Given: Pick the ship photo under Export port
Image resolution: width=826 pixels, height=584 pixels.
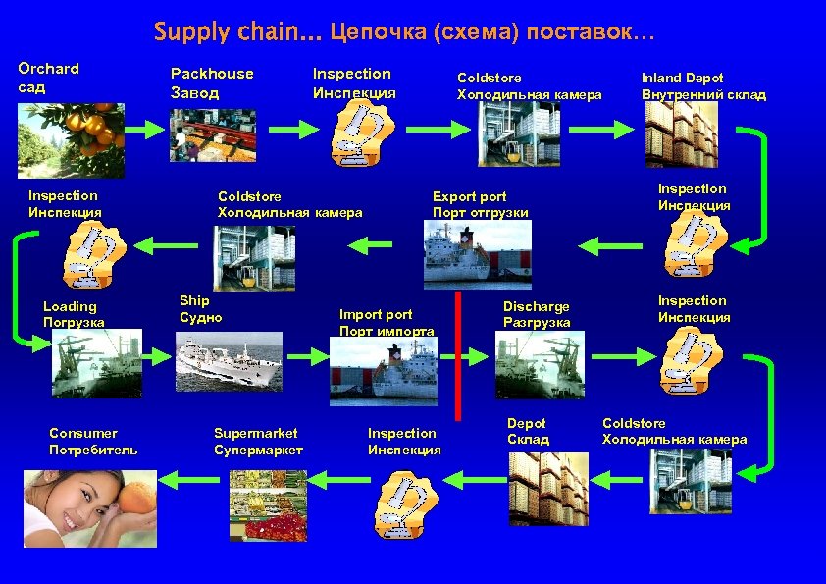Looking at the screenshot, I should (x=477, y=254).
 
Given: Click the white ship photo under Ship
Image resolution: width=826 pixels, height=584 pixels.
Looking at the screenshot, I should (x=227, y=363).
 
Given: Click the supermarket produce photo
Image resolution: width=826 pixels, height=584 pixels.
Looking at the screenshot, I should (x=268, y=504).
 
